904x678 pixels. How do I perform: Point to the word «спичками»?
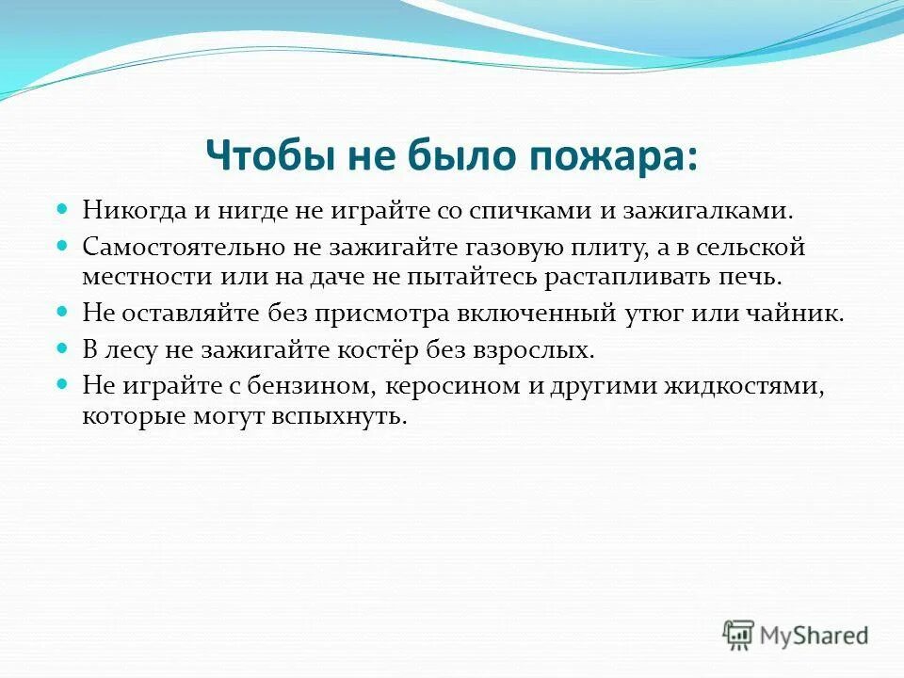pyautogui.click(x=535, y=210)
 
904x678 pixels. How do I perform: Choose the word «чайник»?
pyautogui.click(x=800, y=315)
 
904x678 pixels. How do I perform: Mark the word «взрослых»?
pyautogui.click(x=544, y=350)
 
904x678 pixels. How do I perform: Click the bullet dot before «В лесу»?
pyautogui.click(x=64, y=348)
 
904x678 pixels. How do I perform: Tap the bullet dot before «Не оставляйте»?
pyautogui.click(x=64, y=313)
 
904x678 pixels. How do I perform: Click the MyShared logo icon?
pyautogui.click(x=738, y=635)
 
